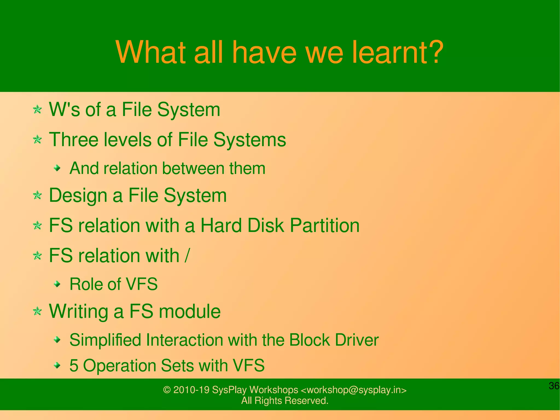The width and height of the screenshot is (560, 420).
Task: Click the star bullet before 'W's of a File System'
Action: [x=37, y=110]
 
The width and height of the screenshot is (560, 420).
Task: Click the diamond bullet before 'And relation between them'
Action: [x=57, y=168]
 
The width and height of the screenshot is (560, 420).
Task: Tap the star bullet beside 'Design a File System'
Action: [x=37, y=196]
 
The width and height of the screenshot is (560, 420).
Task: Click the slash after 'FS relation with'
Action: [x=187, y=256]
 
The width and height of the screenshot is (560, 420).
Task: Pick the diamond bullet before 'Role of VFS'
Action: [x=57, y=284]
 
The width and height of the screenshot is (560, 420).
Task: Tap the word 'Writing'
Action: [x=78, y=312]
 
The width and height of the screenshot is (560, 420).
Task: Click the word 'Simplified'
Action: [x=105, y=340]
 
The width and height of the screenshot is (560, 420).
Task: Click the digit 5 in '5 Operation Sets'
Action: [x=74, y=366]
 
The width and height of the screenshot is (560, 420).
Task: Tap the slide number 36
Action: [x=554, y=386]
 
